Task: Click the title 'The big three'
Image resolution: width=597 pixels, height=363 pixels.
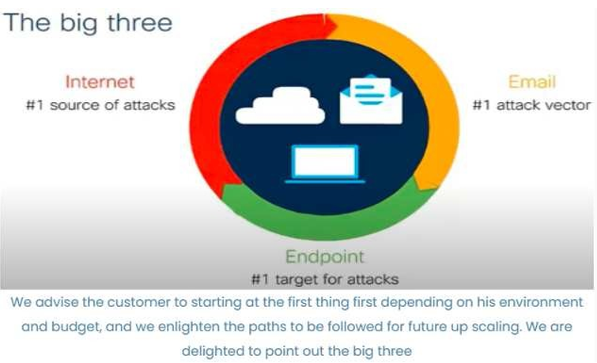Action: point(88,24)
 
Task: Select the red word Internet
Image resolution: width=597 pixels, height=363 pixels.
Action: point(100,82)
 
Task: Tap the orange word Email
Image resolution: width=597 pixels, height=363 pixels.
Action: point(532,82)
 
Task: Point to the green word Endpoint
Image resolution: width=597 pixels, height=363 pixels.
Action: point(325,257)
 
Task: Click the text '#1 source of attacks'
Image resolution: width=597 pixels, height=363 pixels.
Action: point(100,105)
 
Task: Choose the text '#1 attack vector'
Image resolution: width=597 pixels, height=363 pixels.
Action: point(531,105)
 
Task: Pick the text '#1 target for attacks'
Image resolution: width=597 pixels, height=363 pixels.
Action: point(325,280)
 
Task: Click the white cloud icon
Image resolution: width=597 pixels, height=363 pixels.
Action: point(280,105)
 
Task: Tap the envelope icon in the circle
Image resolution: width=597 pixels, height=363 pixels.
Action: point(371,99)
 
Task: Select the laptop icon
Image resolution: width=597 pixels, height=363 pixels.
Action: point(325,164)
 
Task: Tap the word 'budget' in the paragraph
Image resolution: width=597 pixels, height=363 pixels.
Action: point(76,327)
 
